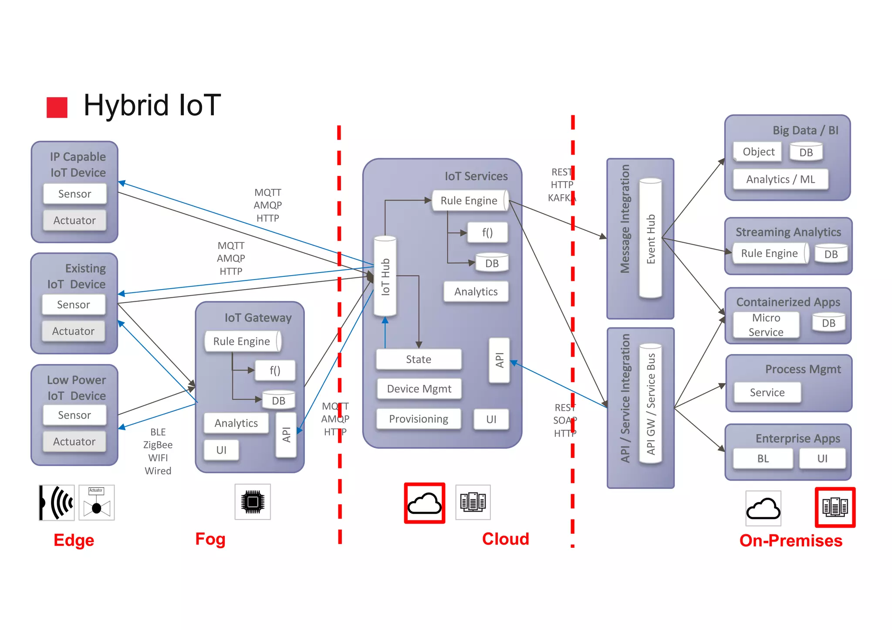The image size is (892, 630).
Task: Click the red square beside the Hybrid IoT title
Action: [57, 107]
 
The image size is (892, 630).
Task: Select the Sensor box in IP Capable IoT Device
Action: [75, 194]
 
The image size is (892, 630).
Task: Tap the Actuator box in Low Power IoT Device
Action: [74, 441]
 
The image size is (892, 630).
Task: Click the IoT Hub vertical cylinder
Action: [385, 276]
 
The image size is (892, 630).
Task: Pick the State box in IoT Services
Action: [419, 359]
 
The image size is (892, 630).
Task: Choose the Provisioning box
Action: [419, 419]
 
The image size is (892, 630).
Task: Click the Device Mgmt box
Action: [419, 389]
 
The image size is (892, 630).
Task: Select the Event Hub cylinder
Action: [650, 239]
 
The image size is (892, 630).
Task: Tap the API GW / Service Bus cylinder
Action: [650, 404]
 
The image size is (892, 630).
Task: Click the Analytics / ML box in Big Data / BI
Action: [780, 179]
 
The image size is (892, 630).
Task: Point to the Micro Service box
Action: [766, 325]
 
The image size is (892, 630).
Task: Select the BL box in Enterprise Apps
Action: [763, 458]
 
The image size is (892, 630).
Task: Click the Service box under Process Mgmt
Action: [767, 392]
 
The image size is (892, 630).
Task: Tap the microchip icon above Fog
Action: [253, 502]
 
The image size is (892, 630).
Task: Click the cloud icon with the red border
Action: [424, 503]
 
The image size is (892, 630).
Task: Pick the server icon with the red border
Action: [835, 507]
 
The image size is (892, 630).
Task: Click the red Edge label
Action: [74, 540]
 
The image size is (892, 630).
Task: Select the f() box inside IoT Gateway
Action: [275, 371]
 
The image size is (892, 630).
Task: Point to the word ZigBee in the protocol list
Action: [158, 445]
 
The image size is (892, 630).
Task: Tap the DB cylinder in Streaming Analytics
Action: [831, 254]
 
